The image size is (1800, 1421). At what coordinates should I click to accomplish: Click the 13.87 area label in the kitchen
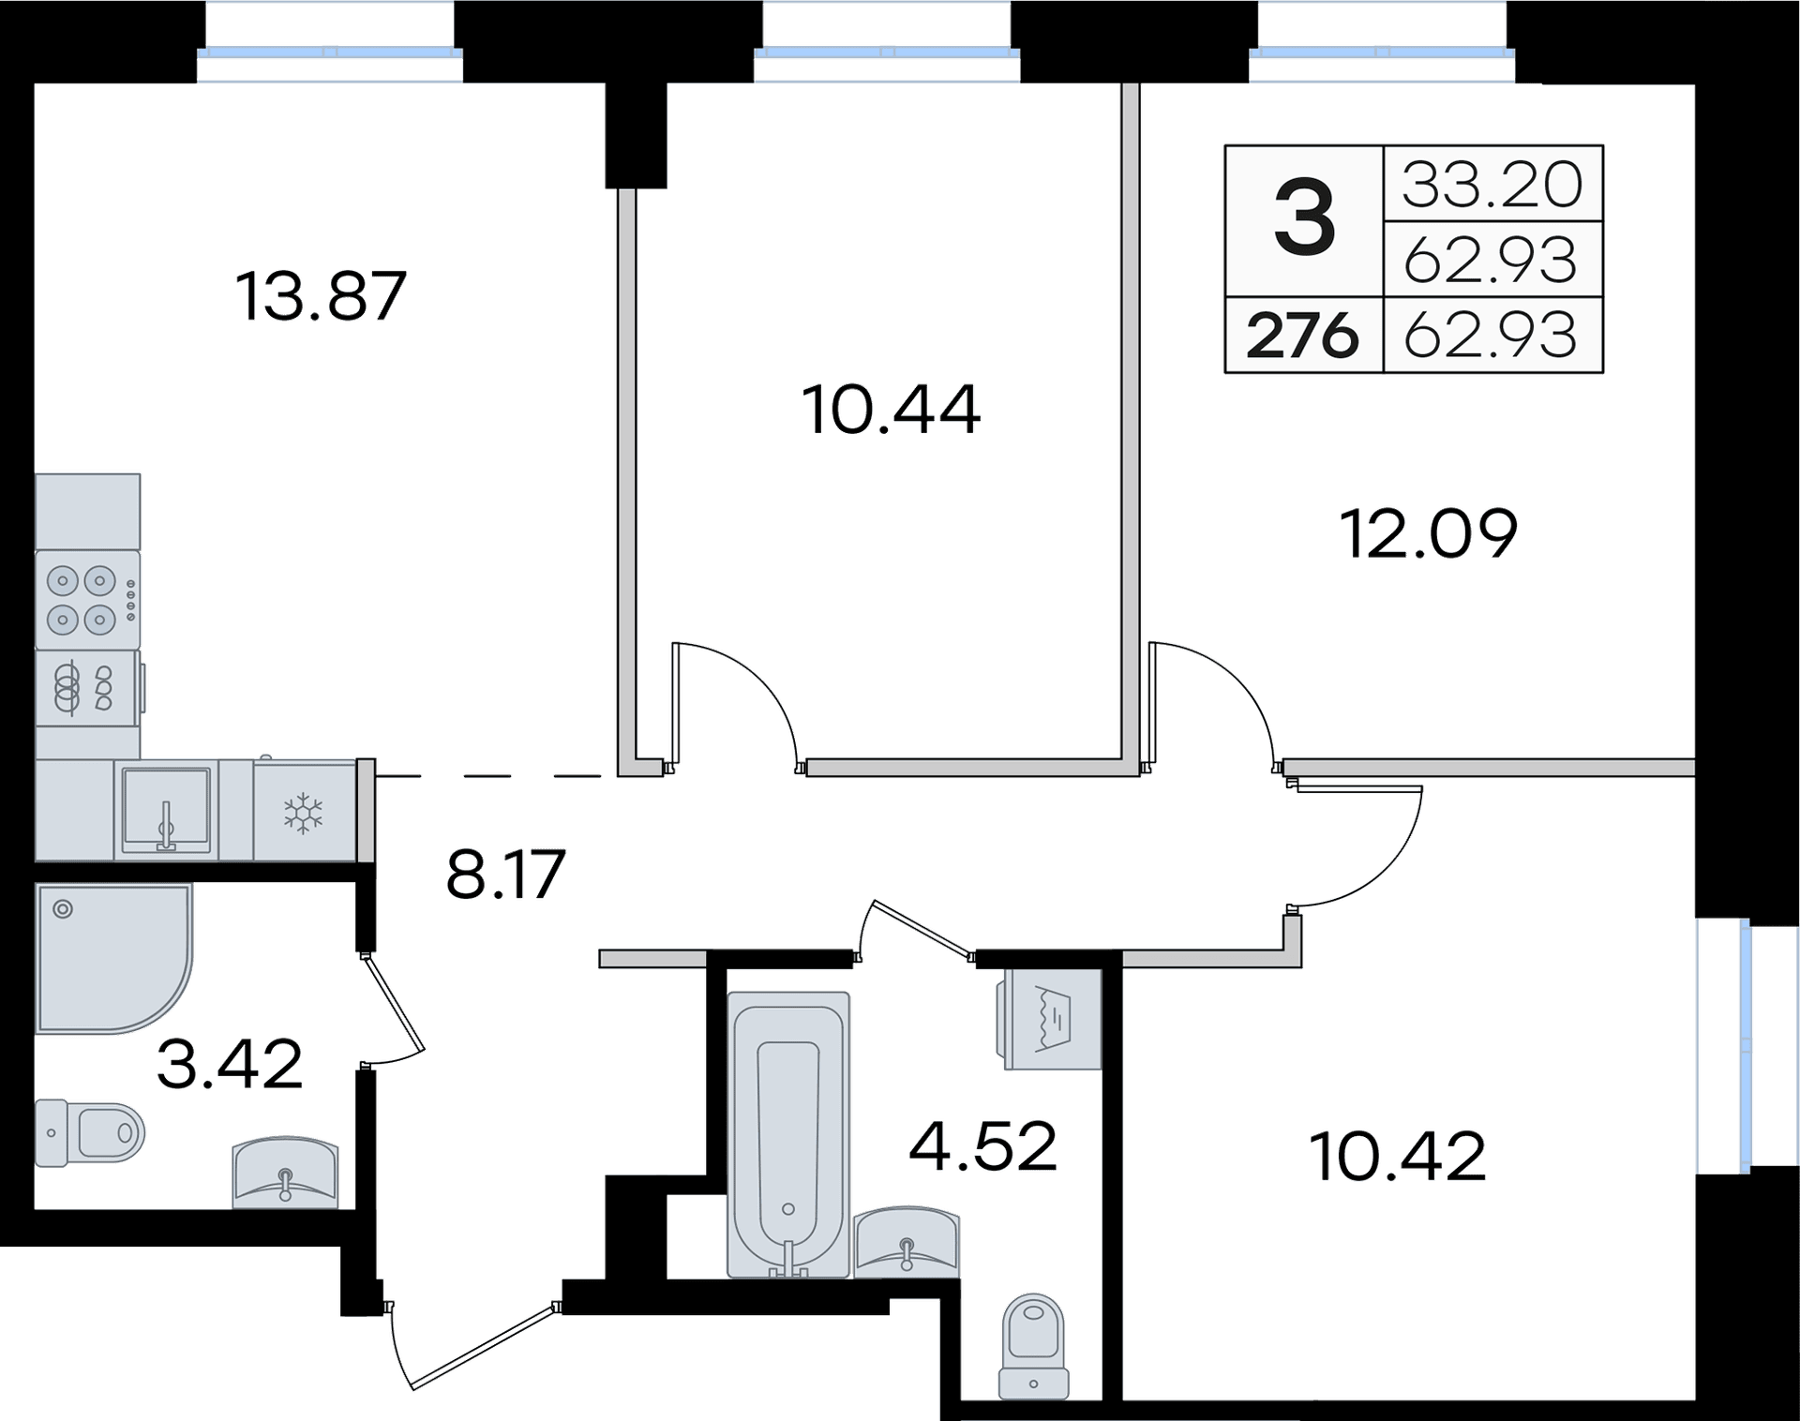pyautogui.click(x=321, y=295)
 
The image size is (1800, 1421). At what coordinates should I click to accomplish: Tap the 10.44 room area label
pyautogui.click(x=891, y=410)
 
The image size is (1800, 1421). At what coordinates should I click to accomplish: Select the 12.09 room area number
pyautogui.click(x=1429, y=533)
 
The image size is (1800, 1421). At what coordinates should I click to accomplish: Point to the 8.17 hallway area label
pyautogui.click(x=505, y=874)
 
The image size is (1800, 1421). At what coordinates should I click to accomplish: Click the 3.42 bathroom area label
pyautogui.click(x=230, y=1064)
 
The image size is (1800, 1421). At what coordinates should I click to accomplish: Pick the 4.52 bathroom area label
pyautogui.click(x=983, y=1145)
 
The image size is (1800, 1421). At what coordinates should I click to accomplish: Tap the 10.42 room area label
pyautogui.click(x=1398, y=1157)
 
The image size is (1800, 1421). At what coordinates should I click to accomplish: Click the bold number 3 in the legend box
pyautogui.click(x=1304, y=220)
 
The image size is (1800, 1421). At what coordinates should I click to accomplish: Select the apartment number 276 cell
pyautogui.click(x=1302, y=336)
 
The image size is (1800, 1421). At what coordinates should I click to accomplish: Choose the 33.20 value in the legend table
pyautogui.click(x=1492, y=185)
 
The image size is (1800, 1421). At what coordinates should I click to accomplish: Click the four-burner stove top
pyautogui.click(x=87, y=600)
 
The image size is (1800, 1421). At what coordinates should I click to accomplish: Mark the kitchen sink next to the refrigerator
pyautogui.click(x=166, y=810)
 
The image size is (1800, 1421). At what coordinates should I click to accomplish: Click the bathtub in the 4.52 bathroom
pyautogui.click(x=788, y=1135)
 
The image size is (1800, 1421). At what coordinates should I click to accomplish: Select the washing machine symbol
pyautogui.click(x=1052, y=1020)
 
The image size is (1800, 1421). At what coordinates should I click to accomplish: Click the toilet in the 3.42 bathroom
pyautogui.click(x=90, y=1133)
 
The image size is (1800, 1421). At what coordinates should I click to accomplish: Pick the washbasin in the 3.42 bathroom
pyautogui.click(x=285, y=1172)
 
